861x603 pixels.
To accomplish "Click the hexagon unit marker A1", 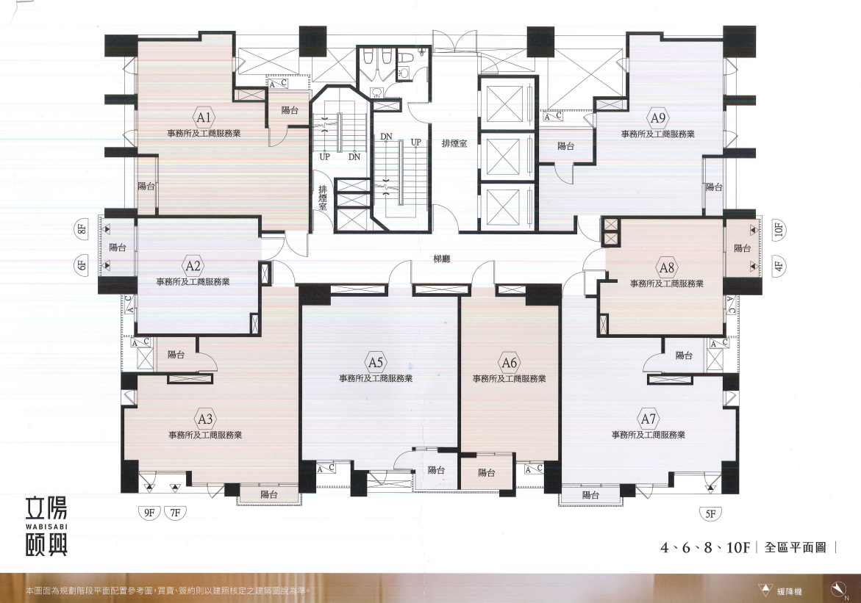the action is pos(204,117).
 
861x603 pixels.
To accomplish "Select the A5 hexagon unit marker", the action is pos(376,362).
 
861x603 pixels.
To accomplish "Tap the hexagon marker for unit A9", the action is pos(658,118).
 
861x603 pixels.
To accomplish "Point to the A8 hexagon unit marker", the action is pos(667,268).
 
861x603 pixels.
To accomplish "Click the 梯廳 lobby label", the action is pos(441,259).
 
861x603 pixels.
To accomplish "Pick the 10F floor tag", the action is pos(779,229).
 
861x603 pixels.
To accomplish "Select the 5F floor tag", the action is pos(711,513).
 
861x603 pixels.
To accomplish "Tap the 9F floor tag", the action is pos(149,513).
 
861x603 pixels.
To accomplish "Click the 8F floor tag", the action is pos(82,228).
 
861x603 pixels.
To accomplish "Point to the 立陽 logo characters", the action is pos(46,508).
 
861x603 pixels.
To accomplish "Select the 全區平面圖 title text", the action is pos(795,547).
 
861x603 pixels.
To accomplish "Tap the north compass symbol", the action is pos(838,589).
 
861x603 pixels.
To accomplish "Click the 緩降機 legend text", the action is pos(789,591).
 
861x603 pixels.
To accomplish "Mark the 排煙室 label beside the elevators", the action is pos(454,144).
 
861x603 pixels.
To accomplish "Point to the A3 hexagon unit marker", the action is pos(205,419).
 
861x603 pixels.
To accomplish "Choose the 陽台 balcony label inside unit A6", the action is pos(487,472).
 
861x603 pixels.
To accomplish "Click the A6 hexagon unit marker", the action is pos(510,362).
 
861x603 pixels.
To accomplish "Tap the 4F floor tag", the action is pos(779,267).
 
